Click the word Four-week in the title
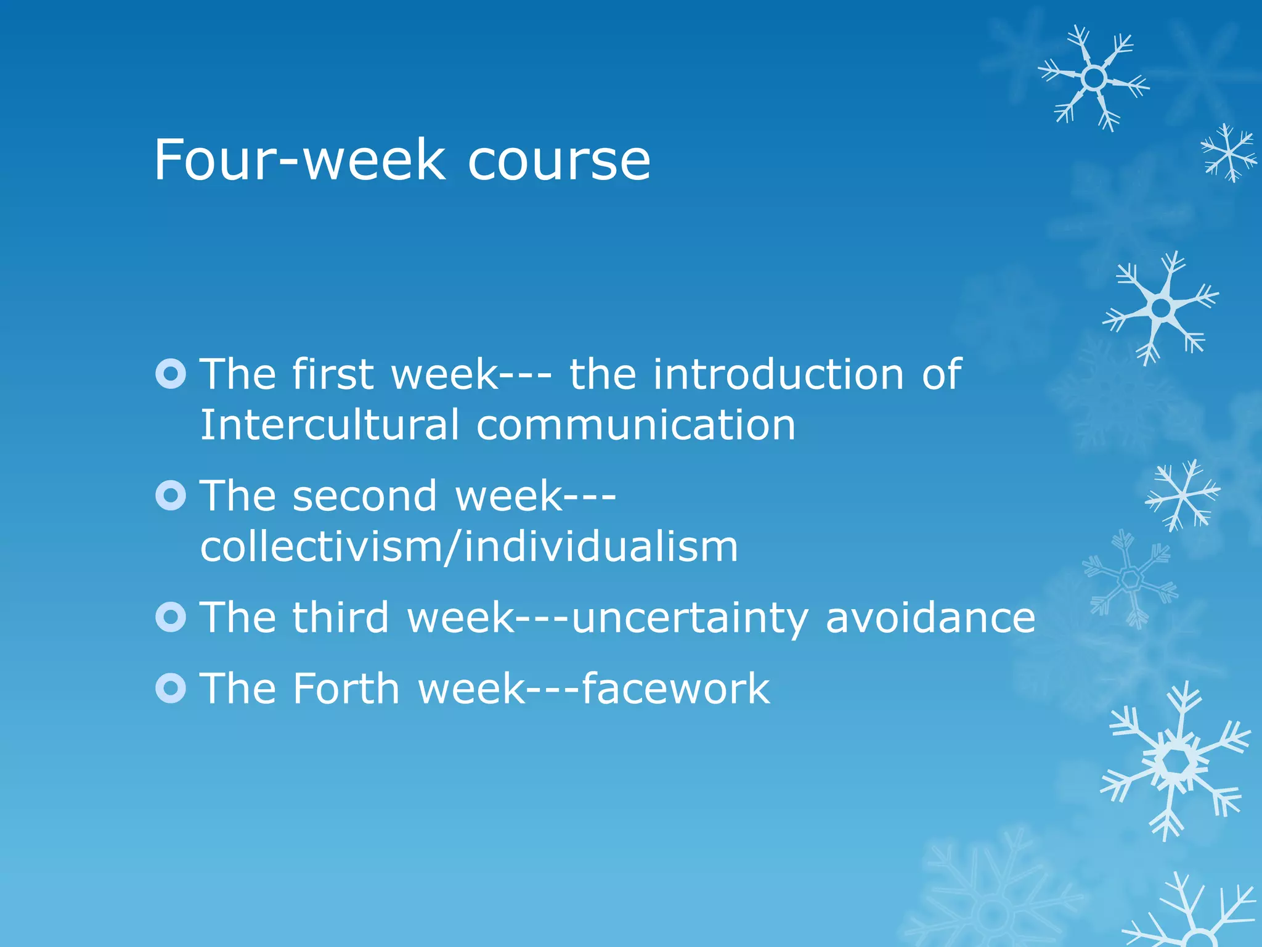(x=299, y=160)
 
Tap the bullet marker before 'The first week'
(x=171, y=374)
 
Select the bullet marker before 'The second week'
(x=171, y=496)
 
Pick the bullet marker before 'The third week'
(x=171, y=617)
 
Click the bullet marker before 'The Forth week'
(x=171, y=688)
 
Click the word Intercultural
(x=330, y=425)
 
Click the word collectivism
(x=320, y=547)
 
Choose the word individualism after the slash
(x=601, y=547)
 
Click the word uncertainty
(x=690, y=618)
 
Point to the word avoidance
(x=930, y=617)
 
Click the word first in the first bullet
(x=333, y=374)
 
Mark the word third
(x=341, y=617)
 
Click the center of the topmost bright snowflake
(x=1094, y=78)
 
